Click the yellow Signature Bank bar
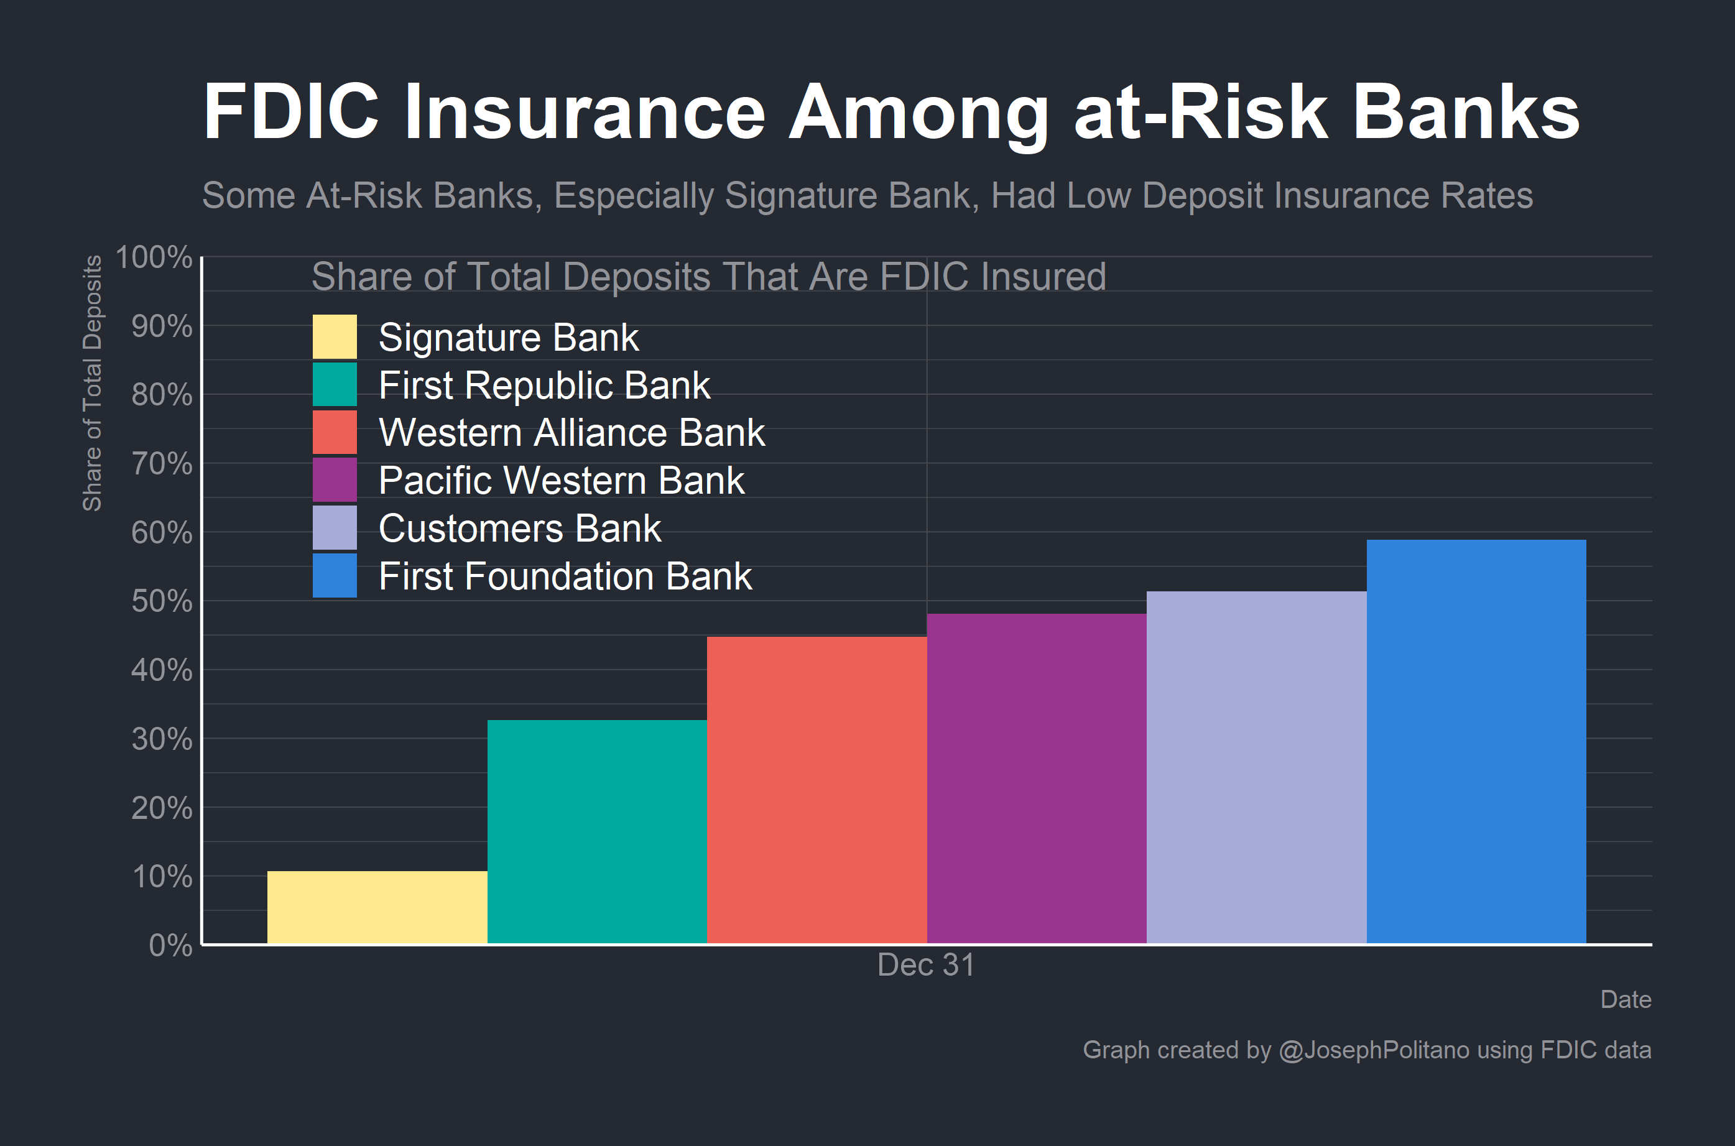pyautogui.click(x=377, y=907)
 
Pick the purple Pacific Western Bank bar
pyautogui.click(x=1036, y=779)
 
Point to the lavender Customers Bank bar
pyautogui.click(x=1256, y=767)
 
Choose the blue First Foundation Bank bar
pyautogui.click(x=1476, y=742)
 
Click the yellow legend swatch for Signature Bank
pyautogui.click(x=335, y=337)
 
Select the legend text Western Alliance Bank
pyautogui.click(x=571, y=433)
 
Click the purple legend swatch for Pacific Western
pyautogui.click(x=335, y=480)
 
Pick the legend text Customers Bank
pyautogui.click(x=520, y=529)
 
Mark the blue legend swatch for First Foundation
pyautogui.click(x=335, y=576)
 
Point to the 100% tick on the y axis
pyautogui.click(x=154, y=257)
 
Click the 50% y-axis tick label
pyautogui.click(x=162, y=601)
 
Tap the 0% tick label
pyautogui.click(x=170, y=946)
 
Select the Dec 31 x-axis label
pyautogui.click(x=926, y=965)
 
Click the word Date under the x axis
pyautogui.click(x=1626, y=999)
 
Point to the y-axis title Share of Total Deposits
pyautogui.click(x=92, y=383)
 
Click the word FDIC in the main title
pyautogui.click(x=291, y=112)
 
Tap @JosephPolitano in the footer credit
pyautogui.click(x=1374, y=1050)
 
